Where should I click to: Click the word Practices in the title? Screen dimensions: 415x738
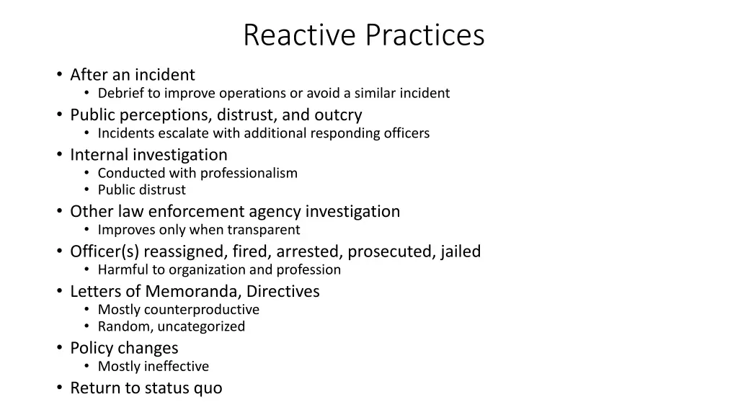click(424, 35)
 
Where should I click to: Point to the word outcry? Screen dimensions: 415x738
click(338, 115)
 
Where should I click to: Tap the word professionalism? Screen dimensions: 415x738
click(249, 173)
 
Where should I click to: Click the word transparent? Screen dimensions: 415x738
click(264, 230)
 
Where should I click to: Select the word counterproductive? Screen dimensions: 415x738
click(202, 310)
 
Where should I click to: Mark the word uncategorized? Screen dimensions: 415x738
click(201, 327)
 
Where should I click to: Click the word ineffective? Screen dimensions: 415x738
click(176, 367)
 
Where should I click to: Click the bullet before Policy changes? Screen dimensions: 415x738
click(58, 349)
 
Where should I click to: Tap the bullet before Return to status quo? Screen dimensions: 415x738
click(58, 388)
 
